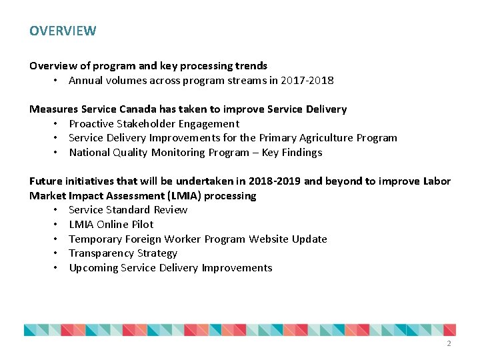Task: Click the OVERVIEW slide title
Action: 63,31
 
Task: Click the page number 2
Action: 449,343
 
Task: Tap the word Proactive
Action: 93,123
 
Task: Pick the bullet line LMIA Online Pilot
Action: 111,225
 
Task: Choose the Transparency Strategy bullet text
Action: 123,253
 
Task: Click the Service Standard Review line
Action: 128,210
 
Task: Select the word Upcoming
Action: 94,268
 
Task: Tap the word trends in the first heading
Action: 252,66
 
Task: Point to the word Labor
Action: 437,181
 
